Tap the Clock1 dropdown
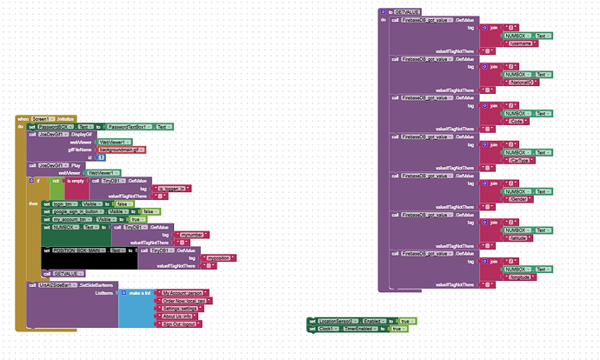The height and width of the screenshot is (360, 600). click(328, 329)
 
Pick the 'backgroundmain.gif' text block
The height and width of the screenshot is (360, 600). click(121, 150)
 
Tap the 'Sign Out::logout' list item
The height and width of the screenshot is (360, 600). click(179, 323)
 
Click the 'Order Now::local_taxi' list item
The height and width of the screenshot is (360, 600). click(183, 301)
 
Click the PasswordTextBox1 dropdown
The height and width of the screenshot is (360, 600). click(129, 127)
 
